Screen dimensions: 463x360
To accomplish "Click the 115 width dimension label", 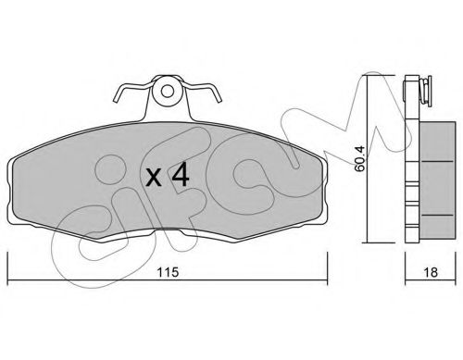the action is click(168, 272).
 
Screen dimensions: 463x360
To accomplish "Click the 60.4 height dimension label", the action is click(359, 158).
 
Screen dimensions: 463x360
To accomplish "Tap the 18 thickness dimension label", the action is click(431, 272).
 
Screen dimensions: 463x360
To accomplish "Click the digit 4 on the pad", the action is click(181, 175).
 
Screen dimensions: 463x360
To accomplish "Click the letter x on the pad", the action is click(154, 179).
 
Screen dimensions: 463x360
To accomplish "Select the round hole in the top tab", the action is click(168, 91).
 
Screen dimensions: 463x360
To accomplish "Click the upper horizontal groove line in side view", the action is click(437, 161).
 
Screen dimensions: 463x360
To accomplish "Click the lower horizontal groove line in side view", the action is click(437, 215).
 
